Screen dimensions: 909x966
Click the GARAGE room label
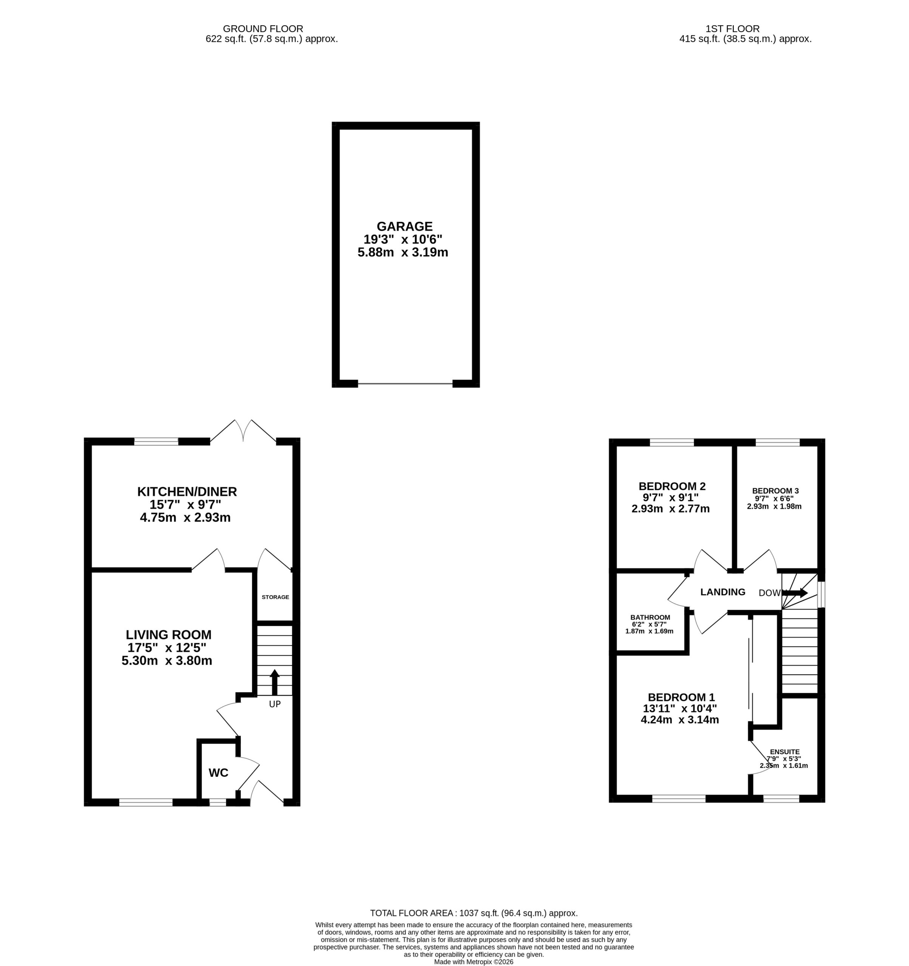pos(404,226)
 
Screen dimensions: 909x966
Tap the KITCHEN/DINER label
pos(187,492)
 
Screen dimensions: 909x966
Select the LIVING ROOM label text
pos(169,635)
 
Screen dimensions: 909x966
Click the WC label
pos(218,772)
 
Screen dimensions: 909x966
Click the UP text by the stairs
pos(275,704)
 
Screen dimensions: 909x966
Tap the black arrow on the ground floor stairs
pos(274,682)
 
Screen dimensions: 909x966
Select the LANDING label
pos(723,592)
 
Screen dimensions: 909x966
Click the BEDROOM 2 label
pos(672,486)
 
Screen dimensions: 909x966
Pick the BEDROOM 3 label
pos(775,491)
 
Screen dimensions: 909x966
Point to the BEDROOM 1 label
pos(681,698)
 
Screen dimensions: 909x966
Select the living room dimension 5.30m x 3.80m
pos(167,661)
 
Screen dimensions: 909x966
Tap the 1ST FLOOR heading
pos(733,29)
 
